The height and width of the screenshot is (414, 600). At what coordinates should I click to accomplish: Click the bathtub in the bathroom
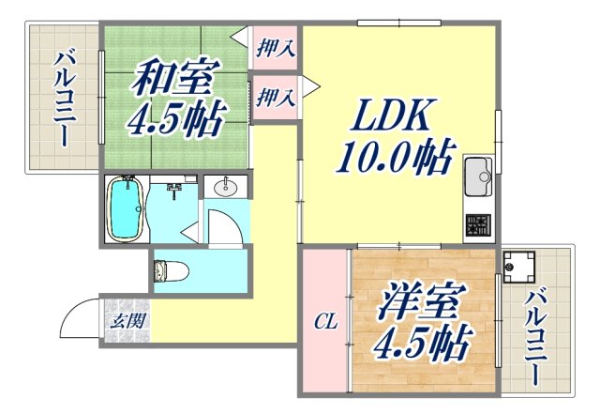click(127, 208)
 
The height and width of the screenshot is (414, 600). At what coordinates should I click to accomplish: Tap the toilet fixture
click(171, 271)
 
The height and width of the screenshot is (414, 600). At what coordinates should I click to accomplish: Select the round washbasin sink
click(225, 187)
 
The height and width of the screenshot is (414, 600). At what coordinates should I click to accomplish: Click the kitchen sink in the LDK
click(478, 176)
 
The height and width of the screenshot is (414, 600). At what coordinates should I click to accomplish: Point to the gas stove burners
click(478, 224)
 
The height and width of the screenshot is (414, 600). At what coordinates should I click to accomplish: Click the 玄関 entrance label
click(127, 320)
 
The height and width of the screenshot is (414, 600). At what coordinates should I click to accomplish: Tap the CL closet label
click(325, 322)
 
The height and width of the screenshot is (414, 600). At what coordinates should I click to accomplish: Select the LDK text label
click(392, 115)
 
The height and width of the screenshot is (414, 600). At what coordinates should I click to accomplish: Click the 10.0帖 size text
click(396, 156)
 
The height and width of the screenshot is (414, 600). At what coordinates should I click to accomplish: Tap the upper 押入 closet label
click(275, 48)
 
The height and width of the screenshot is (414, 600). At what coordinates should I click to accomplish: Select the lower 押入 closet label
click(275, 97)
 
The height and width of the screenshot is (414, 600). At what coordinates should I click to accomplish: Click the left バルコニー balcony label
click(65, 99)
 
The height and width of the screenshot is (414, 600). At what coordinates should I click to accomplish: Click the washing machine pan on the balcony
click(518, 267)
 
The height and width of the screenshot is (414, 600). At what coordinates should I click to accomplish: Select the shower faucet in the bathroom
click(174, 189)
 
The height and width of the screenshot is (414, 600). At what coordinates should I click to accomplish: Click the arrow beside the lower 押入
click(311, 85)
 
